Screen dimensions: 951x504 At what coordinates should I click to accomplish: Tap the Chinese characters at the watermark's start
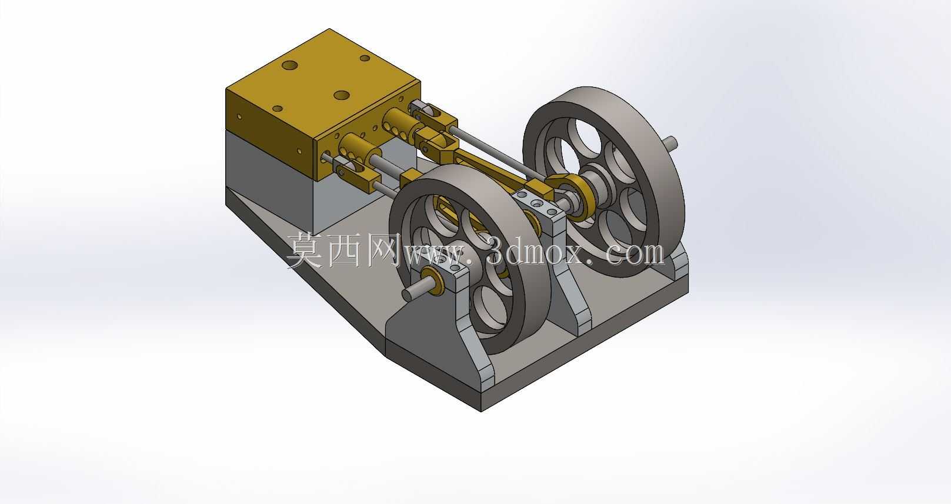pyautogui.click(x=345, y=251)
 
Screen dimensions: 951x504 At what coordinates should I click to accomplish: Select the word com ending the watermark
pyautogui.click(x=634, y=253)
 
